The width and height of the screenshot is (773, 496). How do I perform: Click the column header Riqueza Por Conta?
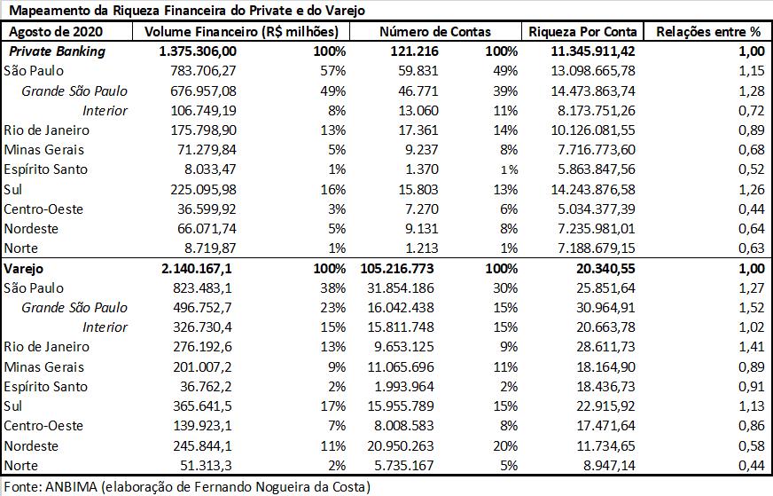pos(582,32)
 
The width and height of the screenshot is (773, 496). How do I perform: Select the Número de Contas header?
pos(435,32)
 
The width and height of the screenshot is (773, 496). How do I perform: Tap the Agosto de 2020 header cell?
pos(56,32)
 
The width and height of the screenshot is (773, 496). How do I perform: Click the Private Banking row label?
pos(58,51)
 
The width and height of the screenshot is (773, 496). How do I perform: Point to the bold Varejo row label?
pos(24,269)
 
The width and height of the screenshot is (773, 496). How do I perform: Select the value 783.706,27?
pos(203,71)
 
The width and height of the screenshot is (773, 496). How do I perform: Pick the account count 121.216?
pos(414,51)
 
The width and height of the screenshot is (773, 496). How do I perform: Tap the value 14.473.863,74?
pos(593,91)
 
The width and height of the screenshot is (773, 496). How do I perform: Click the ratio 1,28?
pos(752,91)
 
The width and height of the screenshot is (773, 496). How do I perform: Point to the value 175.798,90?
pos(203,130)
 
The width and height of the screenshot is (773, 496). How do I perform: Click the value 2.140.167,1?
pos(196,269)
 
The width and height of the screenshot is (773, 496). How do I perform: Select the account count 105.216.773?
pos(397,269)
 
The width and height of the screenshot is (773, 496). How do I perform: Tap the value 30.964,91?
pos(605,308)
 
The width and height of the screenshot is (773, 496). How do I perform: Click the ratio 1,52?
pos(752,308)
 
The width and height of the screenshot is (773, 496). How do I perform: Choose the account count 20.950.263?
pos(401,445)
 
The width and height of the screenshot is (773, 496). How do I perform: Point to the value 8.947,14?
pos(609,466)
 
